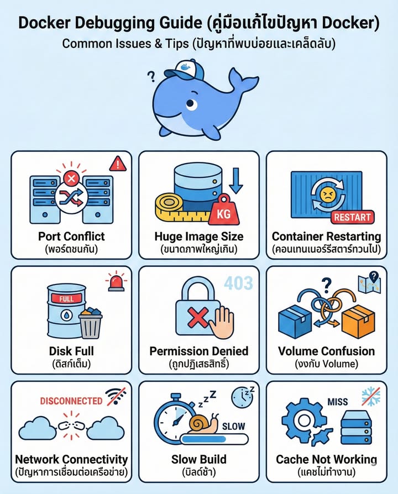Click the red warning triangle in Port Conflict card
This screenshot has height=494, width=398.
(x=117, y=163)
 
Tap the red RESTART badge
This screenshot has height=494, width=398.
(x=353, y=217)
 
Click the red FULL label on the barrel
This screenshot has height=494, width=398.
(x=62, y=299)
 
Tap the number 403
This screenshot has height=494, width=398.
(x=239, y=283)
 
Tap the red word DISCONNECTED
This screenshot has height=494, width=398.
(x=71, y=401)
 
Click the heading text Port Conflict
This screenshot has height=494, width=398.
(x=71, y=237)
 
